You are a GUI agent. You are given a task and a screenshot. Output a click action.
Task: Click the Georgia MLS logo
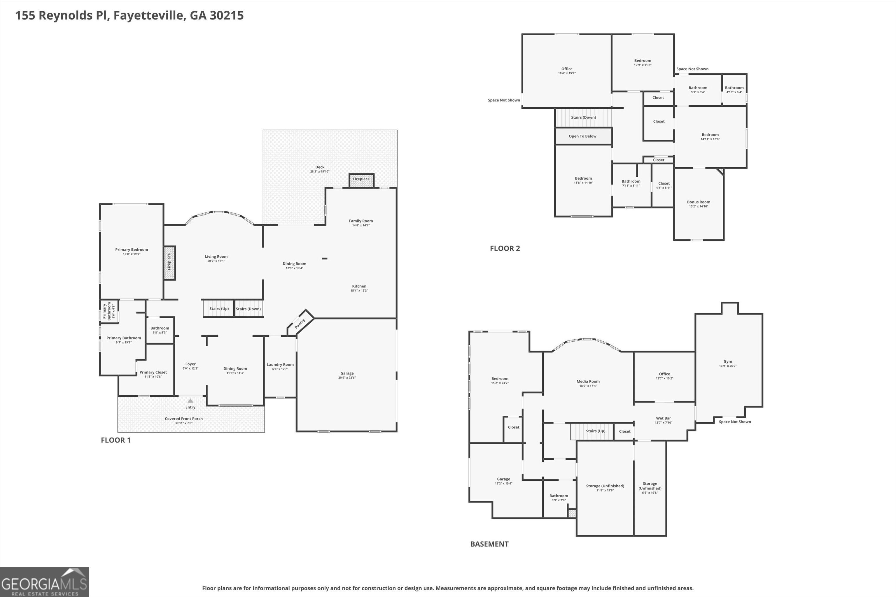(45, 582)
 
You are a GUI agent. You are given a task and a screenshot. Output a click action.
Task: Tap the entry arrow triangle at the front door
(190, 401)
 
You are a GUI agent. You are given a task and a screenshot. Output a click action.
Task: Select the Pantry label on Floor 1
(300, 323)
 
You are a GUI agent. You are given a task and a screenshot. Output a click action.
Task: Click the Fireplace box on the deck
(361, 180)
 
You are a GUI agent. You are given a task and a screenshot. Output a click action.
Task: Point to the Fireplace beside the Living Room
(169, 263)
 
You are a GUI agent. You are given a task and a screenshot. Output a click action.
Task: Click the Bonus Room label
(699, 202)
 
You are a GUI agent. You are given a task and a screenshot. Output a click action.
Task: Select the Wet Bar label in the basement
(663, 418)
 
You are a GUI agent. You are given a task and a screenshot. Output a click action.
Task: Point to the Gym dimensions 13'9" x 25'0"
(728, 366)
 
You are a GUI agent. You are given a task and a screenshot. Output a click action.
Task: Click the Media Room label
(588, 381)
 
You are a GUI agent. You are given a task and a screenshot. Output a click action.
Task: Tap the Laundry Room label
(280, 364)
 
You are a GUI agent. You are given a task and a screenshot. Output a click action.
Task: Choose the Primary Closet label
(153, 372)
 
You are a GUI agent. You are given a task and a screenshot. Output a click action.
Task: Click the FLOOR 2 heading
(505, 248)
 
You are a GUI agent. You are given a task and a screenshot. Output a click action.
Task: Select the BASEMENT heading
(489, 544)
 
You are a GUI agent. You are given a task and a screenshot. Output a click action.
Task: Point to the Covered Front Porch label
(184, 418)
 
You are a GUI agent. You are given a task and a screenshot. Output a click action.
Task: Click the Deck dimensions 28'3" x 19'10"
(320, 172)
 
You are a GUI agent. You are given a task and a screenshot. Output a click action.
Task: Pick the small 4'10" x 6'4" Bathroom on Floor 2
(734, 89)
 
